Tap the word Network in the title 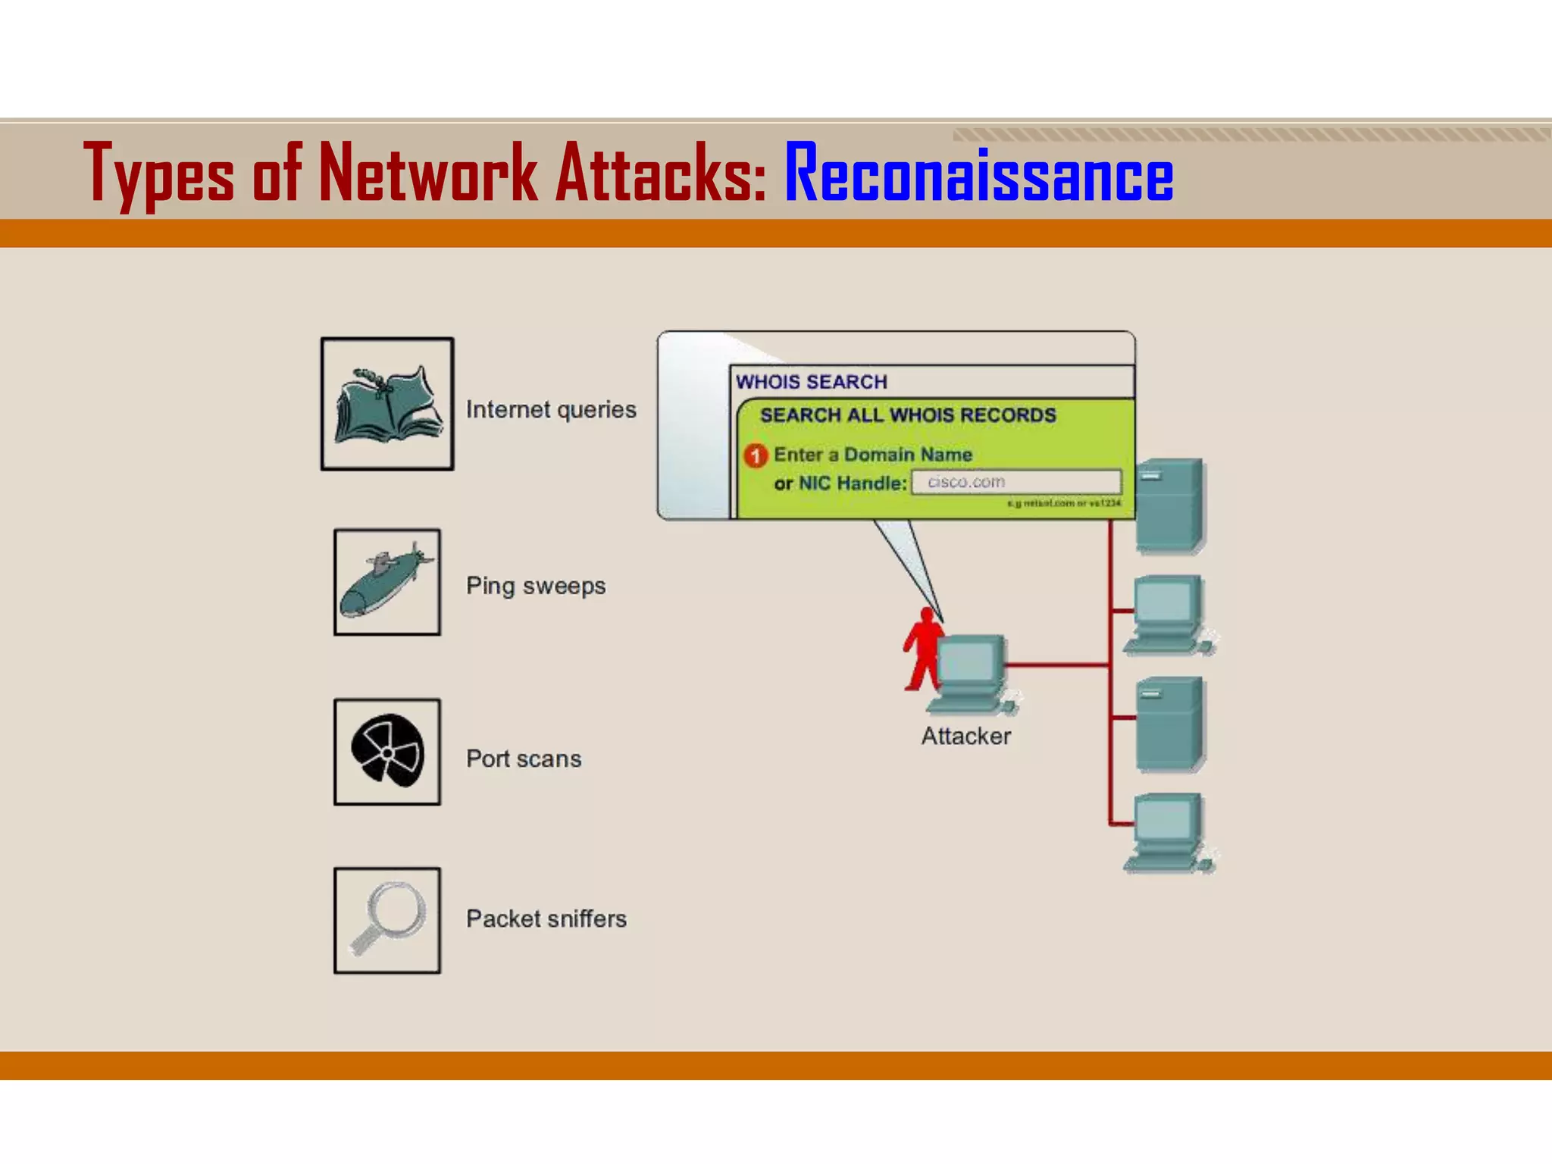pos(428,174)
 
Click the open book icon pos(387,405)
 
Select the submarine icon pos(386,582)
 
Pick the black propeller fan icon pos(387,752)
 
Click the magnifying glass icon pos(387,920)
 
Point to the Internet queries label pos(551,410)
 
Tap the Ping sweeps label pos(536,586)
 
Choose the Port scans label pos(524,759)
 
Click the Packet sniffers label pos(546,918)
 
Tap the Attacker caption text pos(965,736)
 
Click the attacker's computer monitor pos(970,663)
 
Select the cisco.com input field pos(1016,482)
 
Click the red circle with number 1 pos(756,455)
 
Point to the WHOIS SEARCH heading pos(811,382)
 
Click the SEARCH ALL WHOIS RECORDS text pos(908,415)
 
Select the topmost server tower pos(1169,505)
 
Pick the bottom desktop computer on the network pos(1167,832)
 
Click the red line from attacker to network pos(1057,665)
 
